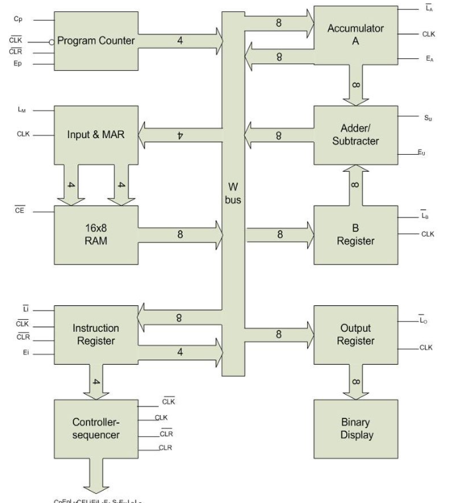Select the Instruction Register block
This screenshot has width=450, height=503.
[95, 334]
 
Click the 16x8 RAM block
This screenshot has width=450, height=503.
[95, 235]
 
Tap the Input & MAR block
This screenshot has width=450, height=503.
[95, 135]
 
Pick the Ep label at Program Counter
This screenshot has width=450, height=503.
[18, 65]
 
